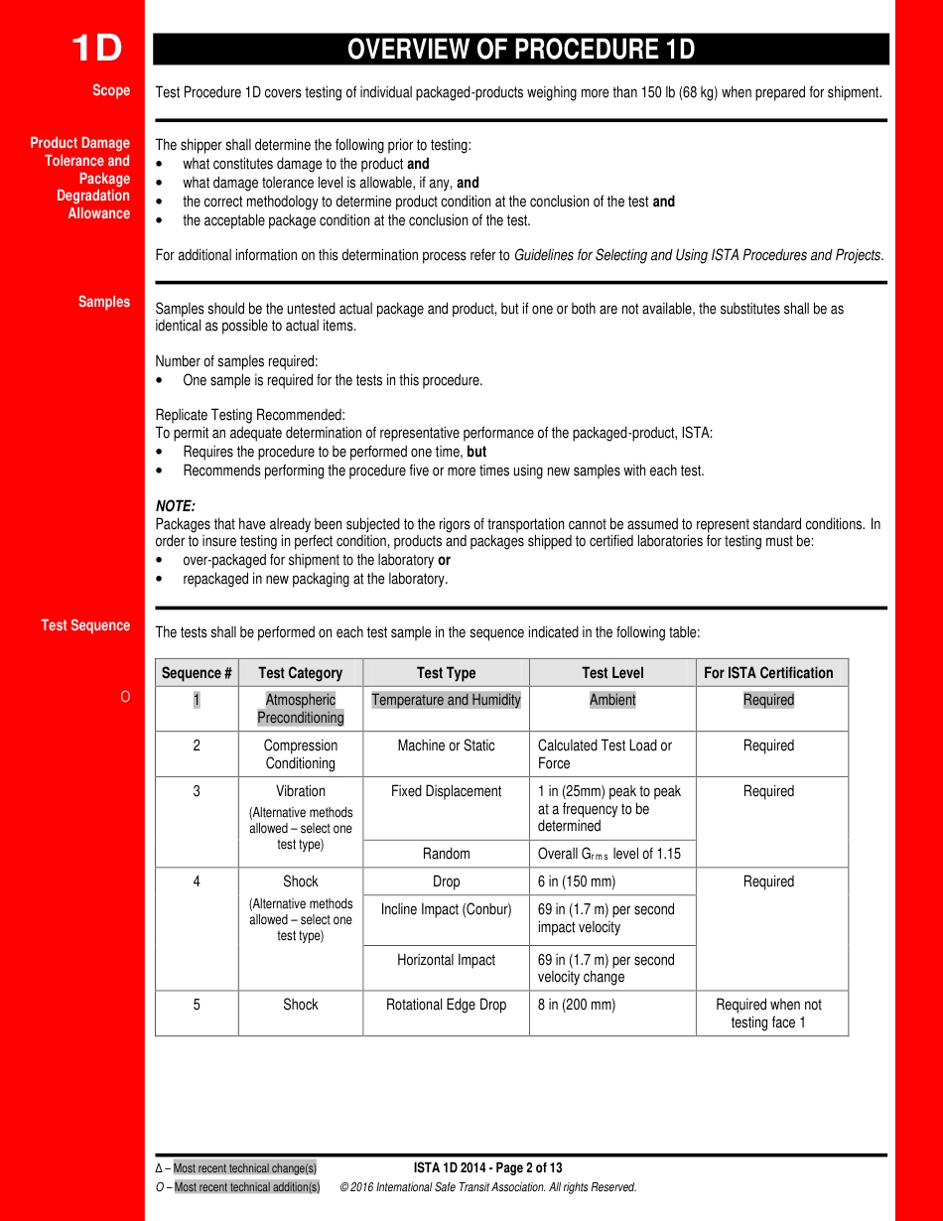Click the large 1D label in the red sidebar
(96, 49)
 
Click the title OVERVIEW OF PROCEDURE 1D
(521, 50)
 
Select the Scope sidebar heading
(111, 90)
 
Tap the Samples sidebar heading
(104, 302)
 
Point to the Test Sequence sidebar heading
(85, 625)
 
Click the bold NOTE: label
(176, 506)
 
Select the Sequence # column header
(197, 673)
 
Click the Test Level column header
(612, 673)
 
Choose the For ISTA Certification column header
(768, 673)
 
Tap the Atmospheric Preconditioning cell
(301, 709)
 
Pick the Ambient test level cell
(612, 700)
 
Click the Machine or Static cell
(446, 746)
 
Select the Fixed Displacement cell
(446, 791)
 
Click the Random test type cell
(446, 854)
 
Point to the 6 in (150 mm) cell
(577, 882)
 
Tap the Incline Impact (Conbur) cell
(446, 909)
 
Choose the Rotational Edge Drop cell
(446, 1005)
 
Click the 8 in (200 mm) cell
(577, 1005)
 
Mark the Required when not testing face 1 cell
(768, 1014)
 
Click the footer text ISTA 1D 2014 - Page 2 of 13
(487, 1168)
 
